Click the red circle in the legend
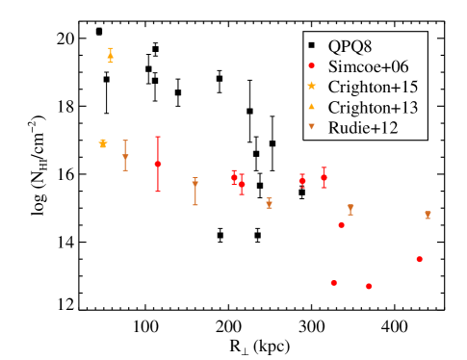[311, 65]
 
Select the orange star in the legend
[311, 86]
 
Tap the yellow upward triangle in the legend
[311, 106]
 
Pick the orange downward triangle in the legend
[311, 126]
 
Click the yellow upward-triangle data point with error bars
[110, 56]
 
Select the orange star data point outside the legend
[103, 143]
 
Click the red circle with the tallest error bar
[158, 164]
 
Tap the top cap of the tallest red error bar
[158, 137]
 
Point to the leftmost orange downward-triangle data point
[125, 156]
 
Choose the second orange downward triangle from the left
[195, 183]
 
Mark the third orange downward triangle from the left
[269, 203]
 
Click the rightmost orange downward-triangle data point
[428, 215]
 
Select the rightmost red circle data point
[419, 259]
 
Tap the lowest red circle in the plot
[369, 286]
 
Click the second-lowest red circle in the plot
[333, 283]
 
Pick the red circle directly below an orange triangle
[341, 225]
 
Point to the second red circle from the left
[234, 177]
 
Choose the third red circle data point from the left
[242, 184]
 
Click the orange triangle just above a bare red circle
[350, 208]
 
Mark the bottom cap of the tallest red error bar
[158, 192]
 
